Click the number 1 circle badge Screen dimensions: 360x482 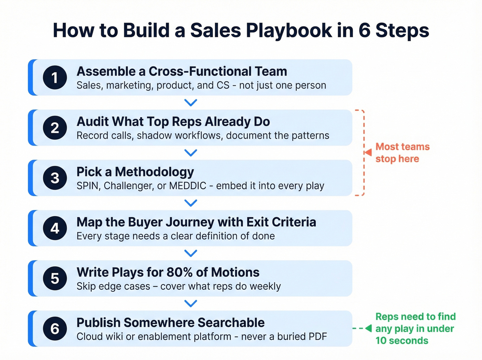[x=55, y=78]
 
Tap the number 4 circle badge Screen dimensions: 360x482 [x=55, y=228]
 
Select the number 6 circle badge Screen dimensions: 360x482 [x=55, y=329]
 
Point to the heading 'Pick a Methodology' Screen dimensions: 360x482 [x=135, y=172]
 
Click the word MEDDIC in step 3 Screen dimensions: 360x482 [x=188, y=186]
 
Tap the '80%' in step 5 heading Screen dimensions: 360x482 [x=179, y=272]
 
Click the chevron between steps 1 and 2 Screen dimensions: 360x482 [x=190, y=102]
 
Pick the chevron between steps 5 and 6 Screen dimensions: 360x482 [x=190, y=303]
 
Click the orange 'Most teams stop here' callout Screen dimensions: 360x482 [x=402, y=153]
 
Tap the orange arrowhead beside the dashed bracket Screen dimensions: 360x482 [x=368, y=152]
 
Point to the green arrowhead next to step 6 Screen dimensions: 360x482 [x=368, y=328]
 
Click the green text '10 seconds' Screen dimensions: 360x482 [x=402, y=340]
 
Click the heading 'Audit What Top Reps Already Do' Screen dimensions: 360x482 [x=173, y=122]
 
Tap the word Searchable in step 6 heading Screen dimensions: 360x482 [x=231, y=322]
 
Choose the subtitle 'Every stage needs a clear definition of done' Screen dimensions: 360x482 [x=176, y=236]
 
